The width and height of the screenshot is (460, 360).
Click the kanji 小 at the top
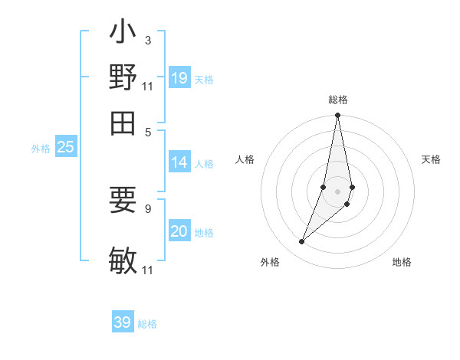coord(123,34)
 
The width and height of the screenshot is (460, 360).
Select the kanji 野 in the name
coord(123,77)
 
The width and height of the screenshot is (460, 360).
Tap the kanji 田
coord(123,121)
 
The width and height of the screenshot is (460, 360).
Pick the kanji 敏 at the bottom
coord(123,260)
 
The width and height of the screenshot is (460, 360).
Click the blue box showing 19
coord(179,78)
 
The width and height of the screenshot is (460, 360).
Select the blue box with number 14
coord(179,162)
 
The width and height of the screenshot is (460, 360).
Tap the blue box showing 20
coord(179,231)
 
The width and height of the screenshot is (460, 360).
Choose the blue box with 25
coord(65,148)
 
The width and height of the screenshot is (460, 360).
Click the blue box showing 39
coord(123,322)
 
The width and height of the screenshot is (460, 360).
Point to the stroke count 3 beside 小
coord(147,40)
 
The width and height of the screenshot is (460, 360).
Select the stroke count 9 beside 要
coord(147,207)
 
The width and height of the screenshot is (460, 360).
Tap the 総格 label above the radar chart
coord(337,100)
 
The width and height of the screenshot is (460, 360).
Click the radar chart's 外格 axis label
coord(270,262)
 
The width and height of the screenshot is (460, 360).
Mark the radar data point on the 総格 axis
coord(337,116)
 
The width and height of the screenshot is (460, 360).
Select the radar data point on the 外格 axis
coord(302,242)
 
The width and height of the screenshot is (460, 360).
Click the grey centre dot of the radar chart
coord(337,191)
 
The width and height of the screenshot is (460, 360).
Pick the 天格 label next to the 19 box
coord(204,80)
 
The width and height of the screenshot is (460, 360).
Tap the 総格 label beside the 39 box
coord(147,324)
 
